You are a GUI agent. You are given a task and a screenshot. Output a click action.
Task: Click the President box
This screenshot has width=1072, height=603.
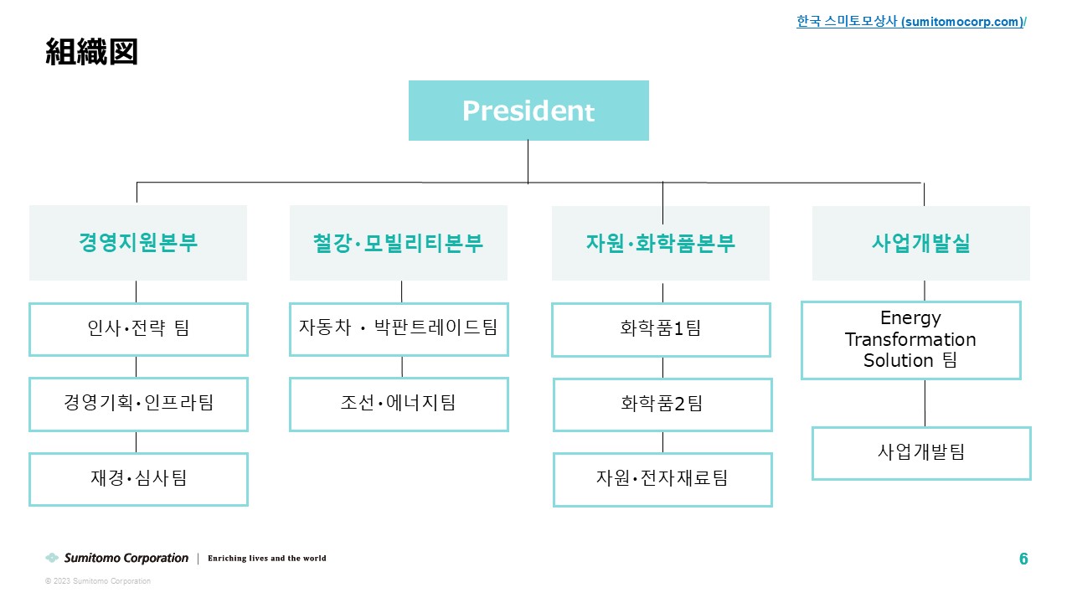tap(528, 111)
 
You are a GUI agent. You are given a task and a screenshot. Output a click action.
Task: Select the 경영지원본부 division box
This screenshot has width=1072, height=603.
tap(138, 243)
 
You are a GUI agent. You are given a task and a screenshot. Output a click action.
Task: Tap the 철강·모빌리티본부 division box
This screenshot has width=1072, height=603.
tap(398, 243)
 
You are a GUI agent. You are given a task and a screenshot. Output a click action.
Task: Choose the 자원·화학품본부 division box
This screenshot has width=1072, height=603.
tap(661, 243)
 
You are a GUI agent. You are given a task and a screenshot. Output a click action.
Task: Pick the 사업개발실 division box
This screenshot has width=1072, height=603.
tap(920, 243)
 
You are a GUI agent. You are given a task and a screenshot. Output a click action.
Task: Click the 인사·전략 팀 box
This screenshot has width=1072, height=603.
tap(138, 329)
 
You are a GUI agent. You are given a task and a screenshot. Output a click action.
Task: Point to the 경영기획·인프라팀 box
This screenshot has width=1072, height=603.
tap(138, 405)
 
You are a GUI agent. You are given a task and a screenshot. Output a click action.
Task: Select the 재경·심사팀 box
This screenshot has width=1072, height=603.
tap(138, 480)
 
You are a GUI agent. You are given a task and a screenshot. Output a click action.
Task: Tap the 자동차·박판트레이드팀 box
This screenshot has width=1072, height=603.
tap(399, 329)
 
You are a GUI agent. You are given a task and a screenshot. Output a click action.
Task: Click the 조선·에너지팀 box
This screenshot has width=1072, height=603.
tap(399, 405)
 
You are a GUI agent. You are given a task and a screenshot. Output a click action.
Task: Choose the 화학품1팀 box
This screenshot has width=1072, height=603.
tap(661, 330)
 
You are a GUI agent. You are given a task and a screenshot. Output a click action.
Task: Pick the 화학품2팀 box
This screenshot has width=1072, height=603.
tap(662, 405)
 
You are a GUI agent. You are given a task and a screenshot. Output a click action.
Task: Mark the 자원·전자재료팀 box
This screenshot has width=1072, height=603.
tap(662, 480)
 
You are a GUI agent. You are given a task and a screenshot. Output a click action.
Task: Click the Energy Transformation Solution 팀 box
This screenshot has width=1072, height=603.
tap(911, 340)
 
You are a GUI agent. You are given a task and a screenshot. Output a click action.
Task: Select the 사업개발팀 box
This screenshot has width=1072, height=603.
tap(922, 453)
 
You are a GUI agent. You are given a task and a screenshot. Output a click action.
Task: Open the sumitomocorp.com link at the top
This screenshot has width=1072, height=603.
tap(911, 22)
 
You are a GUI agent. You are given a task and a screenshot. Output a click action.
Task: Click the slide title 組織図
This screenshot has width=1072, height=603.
tap(91, 52)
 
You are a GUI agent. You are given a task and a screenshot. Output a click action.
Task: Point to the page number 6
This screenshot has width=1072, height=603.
tap(1023, 559)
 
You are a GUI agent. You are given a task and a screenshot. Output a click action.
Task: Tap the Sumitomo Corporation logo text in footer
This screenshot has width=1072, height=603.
tap(126, 558)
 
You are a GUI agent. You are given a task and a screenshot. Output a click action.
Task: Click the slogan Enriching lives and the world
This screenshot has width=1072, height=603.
tap(267, 558)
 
